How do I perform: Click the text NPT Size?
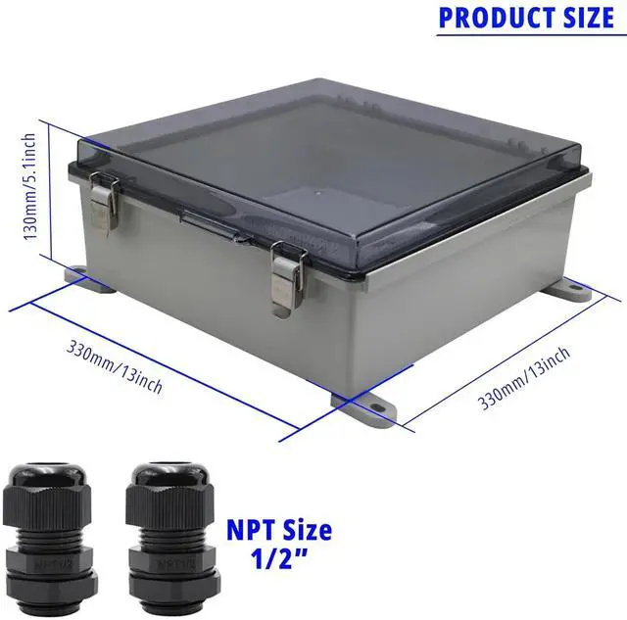coord(279,532)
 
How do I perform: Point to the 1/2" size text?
coord(280,565)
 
